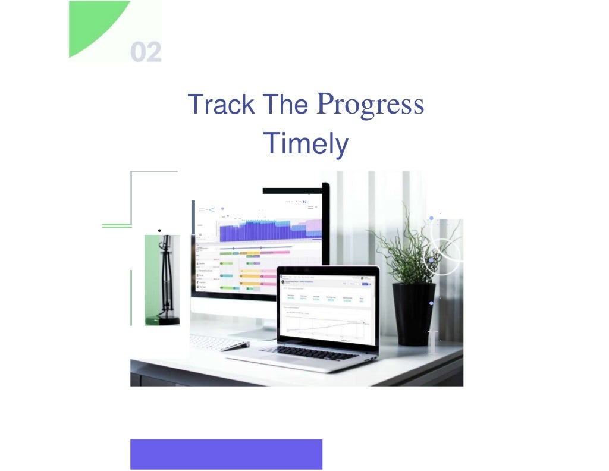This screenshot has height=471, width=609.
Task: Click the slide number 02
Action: [146, 52]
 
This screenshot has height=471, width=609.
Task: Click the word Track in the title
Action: [221, 105]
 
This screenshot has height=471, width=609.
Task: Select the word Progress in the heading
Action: [371, 105]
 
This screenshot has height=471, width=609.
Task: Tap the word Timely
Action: [305, 143]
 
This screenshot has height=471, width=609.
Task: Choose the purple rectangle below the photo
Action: [226, 454]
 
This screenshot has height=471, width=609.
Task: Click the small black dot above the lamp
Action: [159, 230]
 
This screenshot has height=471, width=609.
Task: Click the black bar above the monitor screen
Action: [291, 191]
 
